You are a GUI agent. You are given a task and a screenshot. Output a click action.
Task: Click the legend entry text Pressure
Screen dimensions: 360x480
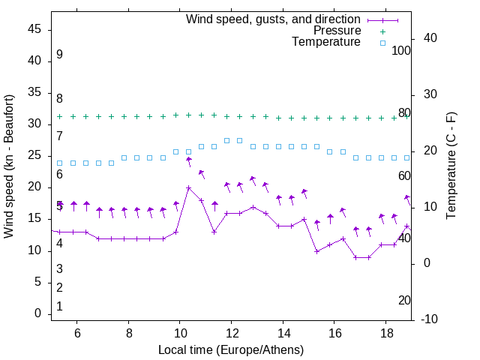[337, 31]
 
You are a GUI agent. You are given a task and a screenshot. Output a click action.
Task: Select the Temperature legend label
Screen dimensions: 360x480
[326, 42]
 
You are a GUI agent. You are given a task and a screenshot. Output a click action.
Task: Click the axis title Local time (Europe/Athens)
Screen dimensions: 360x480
[231, 349]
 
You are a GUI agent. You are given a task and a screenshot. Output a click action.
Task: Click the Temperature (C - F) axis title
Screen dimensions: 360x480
[451, 166]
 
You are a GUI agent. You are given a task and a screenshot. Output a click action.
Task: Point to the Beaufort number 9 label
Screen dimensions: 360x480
[59, 55]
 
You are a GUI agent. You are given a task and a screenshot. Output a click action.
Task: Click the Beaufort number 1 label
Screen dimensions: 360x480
[59, 306]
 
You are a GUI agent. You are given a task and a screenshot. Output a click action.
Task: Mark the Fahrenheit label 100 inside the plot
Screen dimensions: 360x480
[402, 50]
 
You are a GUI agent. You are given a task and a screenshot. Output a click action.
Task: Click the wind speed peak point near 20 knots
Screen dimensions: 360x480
[189, 187]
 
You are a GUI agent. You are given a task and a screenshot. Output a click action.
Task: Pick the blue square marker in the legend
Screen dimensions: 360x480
[382, 43]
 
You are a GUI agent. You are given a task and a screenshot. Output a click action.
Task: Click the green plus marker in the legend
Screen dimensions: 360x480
[382, 31]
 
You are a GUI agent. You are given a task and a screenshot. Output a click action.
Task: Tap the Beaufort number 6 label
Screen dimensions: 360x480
[59, 174]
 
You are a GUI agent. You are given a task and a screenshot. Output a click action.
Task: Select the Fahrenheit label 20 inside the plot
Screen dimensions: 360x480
[404, 300]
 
